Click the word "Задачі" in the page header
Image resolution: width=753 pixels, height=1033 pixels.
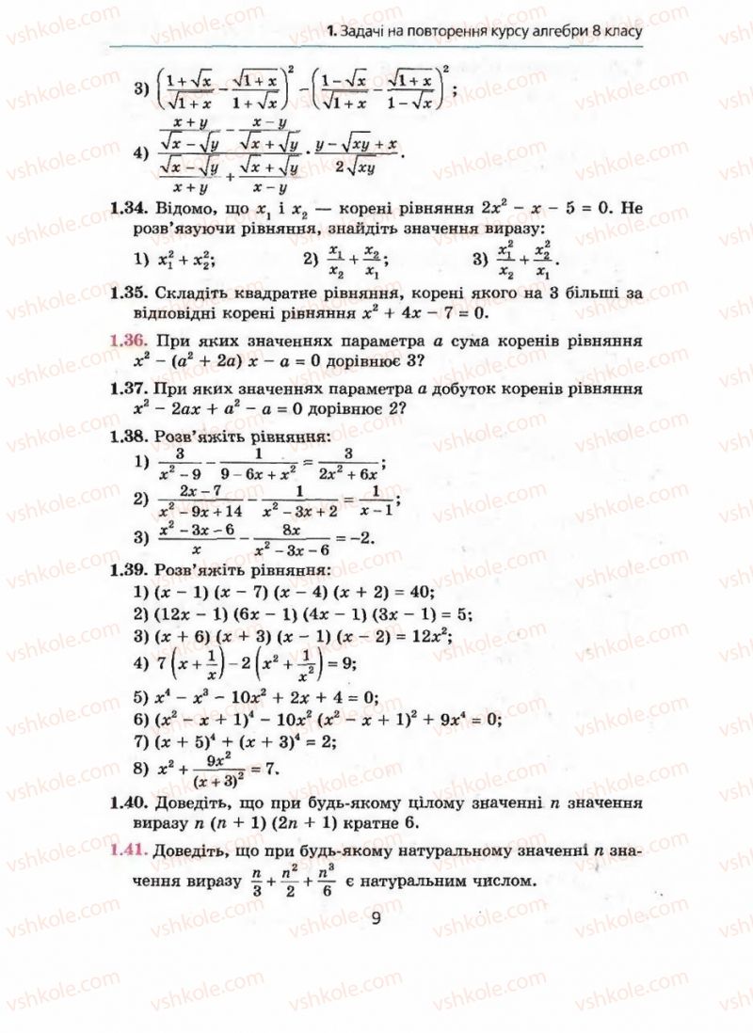[x=369, y=35]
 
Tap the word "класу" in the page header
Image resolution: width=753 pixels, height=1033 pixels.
[x=617, y=35]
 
